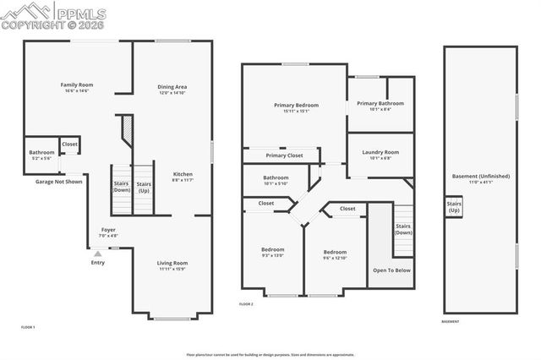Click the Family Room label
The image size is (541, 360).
click(75, 85)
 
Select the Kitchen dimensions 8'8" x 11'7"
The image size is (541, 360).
click(183, 180)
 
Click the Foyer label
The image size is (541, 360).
click(108, 229)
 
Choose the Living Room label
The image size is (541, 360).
click(172, 263)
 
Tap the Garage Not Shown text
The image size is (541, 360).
click(58, 181)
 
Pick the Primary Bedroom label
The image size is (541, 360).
click(294, 106)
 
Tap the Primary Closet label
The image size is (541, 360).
click(283, 155)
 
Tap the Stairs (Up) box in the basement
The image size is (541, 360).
click(454, 205)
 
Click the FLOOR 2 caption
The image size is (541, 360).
click(246, 303)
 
